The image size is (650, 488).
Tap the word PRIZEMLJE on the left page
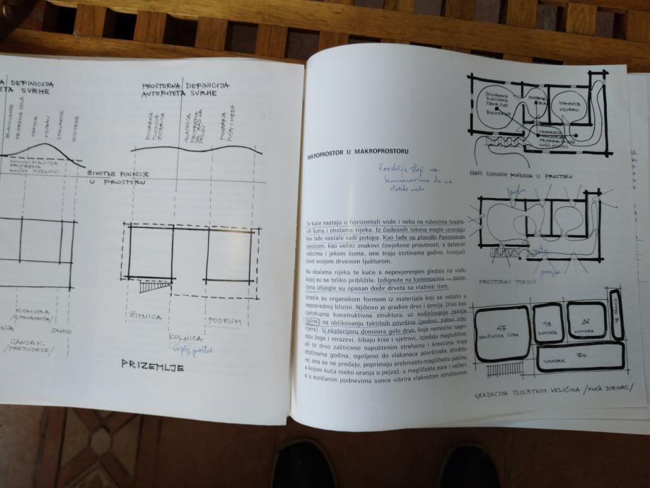152,364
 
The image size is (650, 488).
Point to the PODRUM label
224,321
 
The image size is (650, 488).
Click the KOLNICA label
186,339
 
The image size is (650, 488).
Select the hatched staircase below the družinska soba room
504,370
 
